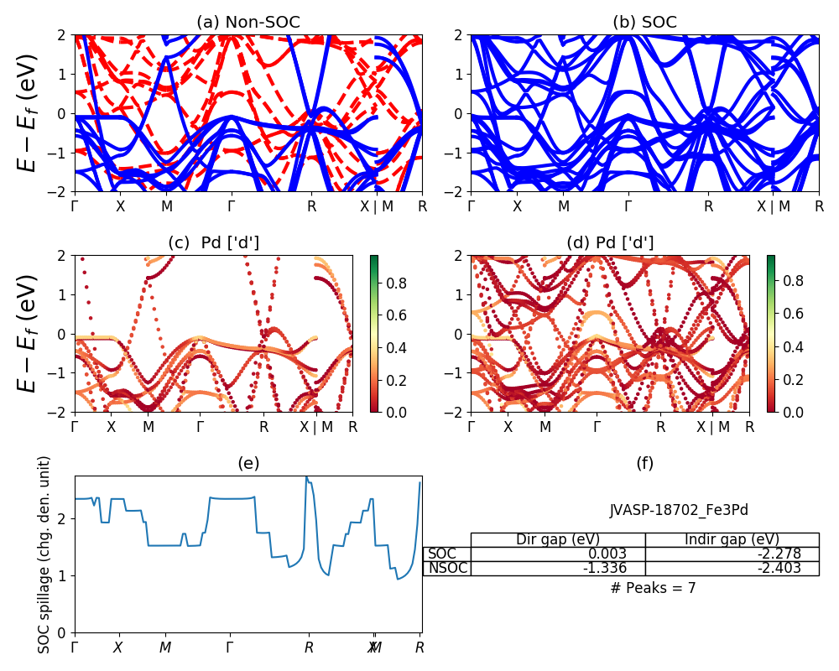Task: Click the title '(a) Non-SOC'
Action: (248, 23)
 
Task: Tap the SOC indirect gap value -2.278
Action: (778, 554)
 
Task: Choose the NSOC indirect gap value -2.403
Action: (778, 569)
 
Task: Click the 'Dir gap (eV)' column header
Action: (557, 539)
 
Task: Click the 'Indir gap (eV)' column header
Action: (732, 539)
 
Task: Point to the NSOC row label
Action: (447, 569)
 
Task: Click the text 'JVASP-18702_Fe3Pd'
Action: (679, 510)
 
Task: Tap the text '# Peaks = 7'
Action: (653, 588)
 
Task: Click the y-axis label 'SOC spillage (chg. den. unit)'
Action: (45, 554)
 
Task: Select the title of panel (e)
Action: (248, 463)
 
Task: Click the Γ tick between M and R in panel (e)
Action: (230, 648)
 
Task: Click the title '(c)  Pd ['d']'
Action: (213, 243)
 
